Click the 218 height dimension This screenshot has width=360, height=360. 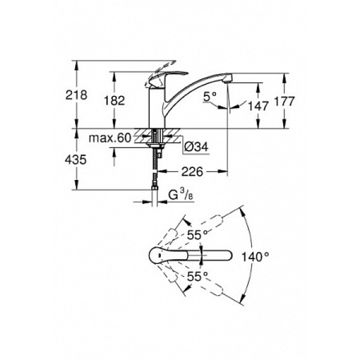coord(76,95)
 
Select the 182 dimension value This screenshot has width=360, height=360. coord(115,101)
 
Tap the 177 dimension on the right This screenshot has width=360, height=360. coord(284,101)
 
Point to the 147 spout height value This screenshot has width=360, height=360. coord(258,106)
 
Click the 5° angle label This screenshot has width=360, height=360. coord(209,97)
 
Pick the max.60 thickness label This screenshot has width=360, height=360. coord(110,138)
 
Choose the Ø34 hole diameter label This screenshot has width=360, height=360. coord(197,147)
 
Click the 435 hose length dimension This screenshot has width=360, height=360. coord(76,160)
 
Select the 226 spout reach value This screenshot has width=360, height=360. coord(193,171)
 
